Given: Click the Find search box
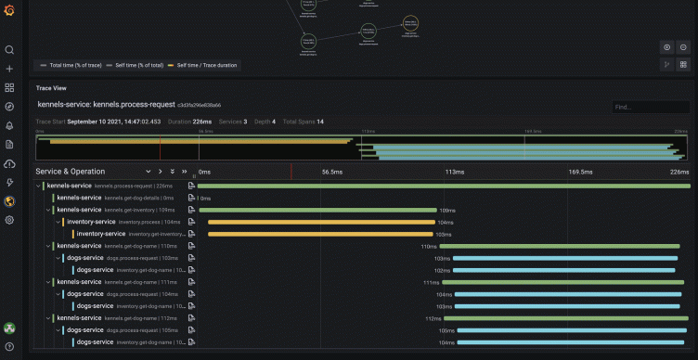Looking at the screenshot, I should pyautogui.click(x=650, y=107).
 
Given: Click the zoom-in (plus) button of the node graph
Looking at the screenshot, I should pyautogui.click(x=666, y=47).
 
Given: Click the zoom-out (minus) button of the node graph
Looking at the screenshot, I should pyautogui.click(x=683, y=47).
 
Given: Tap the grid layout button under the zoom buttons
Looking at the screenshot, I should pyautogui.click(x=683, y=65).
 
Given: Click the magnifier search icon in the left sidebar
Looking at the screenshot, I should pyautogui.click(x=9, y=50).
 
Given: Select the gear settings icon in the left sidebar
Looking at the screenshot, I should pyautogui.click(x=9, y=220).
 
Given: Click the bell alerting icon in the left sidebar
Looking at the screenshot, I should pyautogui.click(x=9, y=125).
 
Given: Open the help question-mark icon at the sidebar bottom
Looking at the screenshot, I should pyautogui.click(x=9, y=345).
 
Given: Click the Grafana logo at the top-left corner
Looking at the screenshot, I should pyautogui.click(x=9, y=10).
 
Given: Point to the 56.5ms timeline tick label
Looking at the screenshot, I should pyautogui.click(x=332, y=172).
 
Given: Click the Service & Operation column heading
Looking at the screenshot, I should pyautogui.click(x=71, y=172).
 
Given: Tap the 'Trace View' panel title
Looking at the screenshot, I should pyautogui.click(x=51, y=88).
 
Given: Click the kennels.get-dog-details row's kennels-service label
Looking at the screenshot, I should pyautogui.click(x=79, y=198).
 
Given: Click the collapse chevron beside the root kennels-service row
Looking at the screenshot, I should pyautogui.click(x=38, y=186).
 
